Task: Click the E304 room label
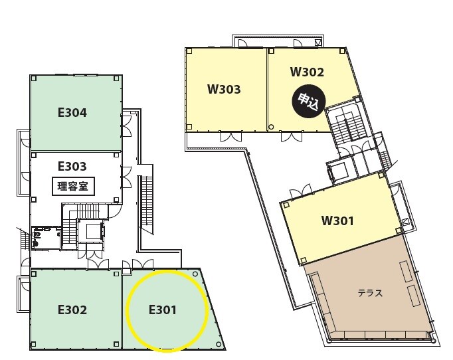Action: [72, 113]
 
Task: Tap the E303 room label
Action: [72, 167]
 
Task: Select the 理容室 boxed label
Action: [73, 187]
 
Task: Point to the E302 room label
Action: [72, 310]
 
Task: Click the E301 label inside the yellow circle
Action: [162, 310]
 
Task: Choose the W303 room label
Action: [224, 89]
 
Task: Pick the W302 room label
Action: [307, 72]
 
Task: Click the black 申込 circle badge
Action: [309, 102]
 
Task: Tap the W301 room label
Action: [337, 221]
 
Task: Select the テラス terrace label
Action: [371, 294]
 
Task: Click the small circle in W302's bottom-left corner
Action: [271, 127]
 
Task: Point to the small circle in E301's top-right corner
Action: [195, 274]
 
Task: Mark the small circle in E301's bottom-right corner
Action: [219, 344]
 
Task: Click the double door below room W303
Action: [231, 136]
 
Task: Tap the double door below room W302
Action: [292, 136]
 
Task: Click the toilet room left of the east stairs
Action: [46, 238]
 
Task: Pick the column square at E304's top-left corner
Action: [33, 78]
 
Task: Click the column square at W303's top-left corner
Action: [189, 51]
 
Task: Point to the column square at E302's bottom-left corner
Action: [33, 344]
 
